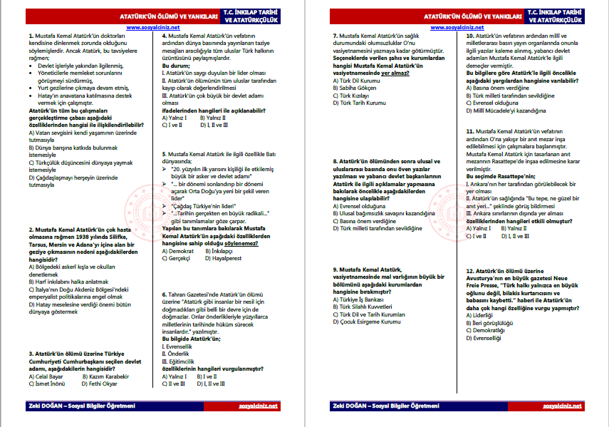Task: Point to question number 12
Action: [470, 272]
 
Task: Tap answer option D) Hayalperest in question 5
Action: [224, 259]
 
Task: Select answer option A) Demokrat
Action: [179, 252]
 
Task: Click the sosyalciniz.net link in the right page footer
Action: [563, 406]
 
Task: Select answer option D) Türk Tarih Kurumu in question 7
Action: [360, 103]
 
